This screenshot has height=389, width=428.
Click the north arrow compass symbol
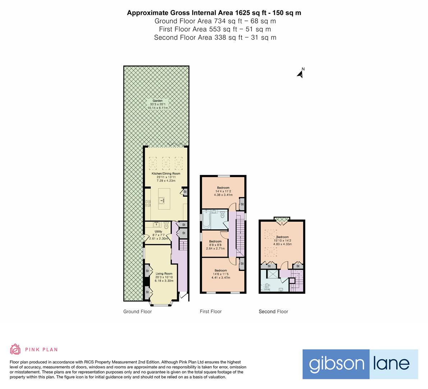coord(300,73)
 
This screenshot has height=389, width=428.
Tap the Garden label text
coord(157,104)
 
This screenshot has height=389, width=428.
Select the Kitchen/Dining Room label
coord(166,177)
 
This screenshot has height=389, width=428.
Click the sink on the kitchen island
coord(162,201)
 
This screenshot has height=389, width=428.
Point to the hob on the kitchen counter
coord(148,203)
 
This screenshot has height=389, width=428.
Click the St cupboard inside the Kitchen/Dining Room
coord(185,192)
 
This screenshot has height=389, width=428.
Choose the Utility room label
coord(158,235)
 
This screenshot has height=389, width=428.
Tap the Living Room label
coord(164,277)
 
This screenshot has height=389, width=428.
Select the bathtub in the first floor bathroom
coord(206,219)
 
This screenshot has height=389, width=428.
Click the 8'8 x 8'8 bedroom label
coord(215,245)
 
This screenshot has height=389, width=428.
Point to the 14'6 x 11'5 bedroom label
coord(221,274)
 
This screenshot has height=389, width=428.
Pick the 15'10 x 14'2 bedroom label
coord(282,241)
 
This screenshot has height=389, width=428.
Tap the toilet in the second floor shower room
coord(266,287)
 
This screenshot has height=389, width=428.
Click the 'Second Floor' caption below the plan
coord(273,312)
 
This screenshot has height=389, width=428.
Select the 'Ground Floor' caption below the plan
coord(137,312)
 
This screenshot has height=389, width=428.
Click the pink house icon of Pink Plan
coord(15,349)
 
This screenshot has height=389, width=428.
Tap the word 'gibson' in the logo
coord(337,364)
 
